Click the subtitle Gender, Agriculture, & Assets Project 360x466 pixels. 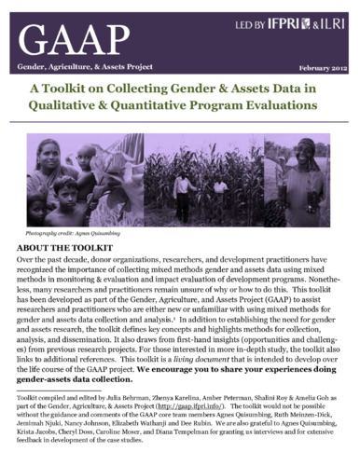tap(76, 69)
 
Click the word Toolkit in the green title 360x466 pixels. tap(76, 90)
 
